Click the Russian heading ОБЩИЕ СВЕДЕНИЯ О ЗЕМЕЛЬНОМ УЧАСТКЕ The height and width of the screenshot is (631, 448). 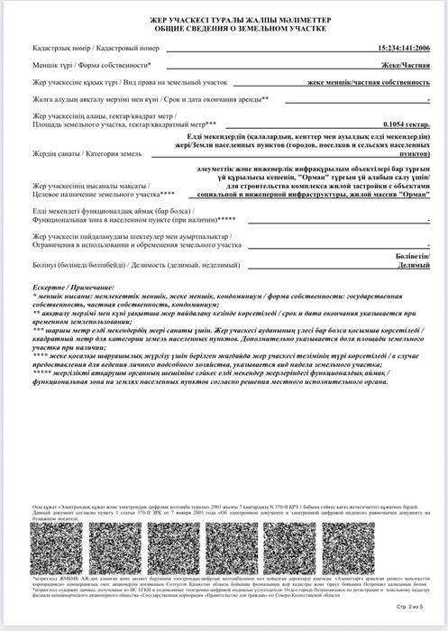223,29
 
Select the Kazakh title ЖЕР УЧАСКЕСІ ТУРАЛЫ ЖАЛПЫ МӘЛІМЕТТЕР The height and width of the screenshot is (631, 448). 223,19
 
